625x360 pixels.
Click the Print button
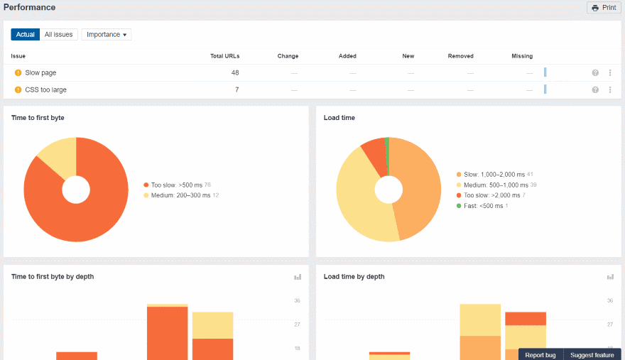pos(604,8)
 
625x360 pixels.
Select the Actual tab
pos(26,34)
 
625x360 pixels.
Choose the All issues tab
pos(58,34)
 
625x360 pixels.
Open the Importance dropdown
pos(107,34)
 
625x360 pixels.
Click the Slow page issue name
pos(40,73)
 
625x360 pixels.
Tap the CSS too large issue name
pos(45,90)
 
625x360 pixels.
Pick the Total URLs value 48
pos(234,73)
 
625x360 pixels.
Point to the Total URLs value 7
pos(237,90)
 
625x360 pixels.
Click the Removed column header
pos(460,56)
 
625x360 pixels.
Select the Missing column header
pos(521,56)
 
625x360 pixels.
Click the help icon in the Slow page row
pos(595,73)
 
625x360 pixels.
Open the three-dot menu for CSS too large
pos(609,90)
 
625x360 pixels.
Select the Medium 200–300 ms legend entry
pos(180,195)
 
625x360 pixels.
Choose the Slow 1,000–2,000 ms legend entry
pos(494,174)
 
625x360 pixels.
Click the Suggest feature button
pos(592,355)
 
